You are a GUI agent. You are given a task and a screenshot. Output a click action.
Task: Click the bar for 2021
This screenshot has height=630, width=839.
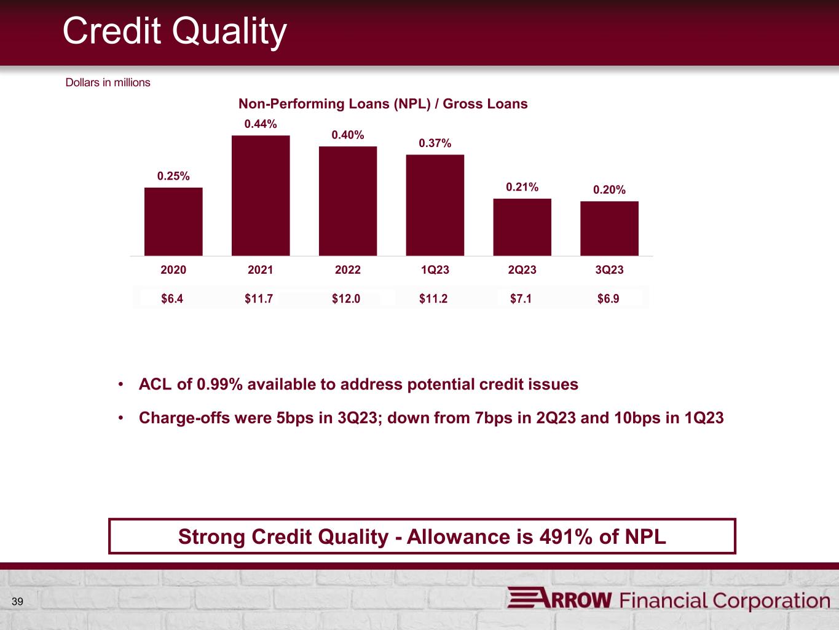tap(261, 196)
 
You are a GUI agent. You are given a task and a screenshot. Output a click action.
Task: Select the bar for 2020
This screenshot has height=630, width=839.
tap(173, 221)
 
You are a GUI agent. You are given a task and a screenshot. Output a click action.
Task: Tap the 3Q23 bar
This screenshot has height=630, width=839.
tap(609, 228)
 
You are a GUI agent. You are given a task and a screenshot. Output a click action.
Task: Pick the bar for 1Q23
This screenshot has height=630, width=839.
tap(435, 205)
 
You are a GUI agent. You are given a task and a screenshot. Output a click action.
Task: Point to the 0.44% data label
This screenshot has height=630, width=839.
tap(261, 124)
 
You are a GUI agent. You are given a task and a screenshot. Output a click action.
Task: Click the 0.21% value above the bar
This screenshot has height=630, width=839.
tap(522, 187)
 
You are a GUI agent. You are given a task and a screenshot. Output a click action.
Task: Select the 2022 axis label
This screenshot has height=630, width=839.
tap(348, 269)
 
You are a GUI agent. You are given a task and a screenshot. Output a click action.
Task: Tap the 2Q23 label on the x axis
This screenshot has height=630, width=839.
tap(522, 269)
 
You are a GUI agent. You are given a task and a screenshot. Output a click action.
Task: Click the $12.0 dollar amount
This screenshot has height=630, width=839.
tap(346, 298)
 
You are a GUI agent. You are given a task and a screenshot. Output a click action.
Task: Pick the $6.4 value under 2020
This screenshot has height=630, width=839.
tap(172, 298)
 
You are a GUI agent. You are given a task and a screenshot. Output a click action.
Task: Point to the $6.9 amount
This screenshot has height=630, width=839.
tap(608, 298)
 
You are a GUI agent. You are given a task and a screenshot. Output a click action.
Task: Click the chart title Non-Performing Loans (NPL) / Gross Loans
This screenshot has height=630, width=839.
tap(383, 104)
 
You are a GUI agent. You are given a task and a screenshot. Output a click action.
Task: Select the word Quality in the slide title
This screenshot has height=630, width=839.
tap(229, 32)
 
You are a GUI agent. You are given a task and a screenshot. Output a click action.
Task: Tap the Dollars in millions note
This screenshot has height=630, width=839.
tap(108, 82)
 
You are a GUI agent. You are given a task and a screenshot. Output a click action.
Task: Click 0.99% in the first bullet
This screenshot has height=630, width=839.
tap(220, 385)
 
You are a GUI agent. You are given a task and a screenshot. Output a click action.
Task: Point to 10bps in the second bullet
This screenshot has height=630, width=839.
tap(637, 418)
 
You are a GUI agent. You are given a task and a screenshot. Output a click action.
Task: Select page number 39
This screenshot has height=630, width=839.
tap(17, 602)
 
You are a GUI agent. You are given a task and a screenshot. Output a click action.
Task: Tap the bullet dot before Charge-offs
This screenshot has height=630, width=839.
tap(121, 418)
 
